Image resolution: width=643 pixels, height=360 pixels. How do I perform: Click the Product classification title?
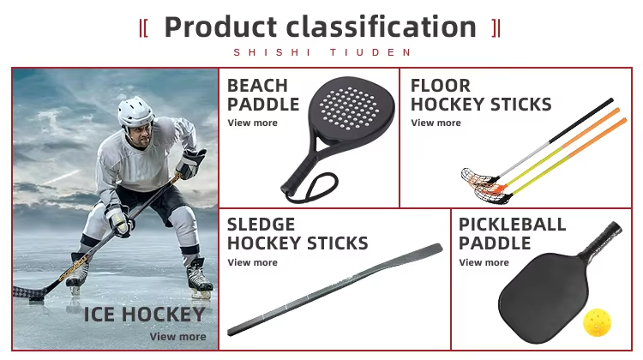point(320,27)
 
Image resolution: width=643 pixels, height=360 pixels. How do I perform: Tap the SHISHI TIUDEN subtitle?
point(322,52)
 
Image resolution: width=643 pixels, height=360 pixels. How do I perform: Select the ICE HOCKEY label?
point(143,315)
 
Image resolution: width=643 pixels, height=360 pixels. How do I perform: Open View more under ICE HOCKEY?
point(177,337)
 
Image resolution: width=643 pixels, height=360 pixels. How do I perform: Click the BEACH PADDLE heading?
point(263,95)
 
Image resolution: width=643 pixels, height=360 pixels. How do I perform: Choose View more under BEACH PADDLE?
point(252,123)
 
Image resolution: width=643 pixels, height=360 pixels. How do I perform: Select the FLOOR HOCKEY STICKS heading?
point(480,95)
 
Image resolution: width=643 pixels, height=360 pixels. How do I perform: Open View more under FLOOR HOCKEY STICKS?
point(436,123)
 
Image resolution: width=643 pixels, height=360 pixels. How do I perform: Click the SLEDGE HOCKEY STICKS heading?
point(297,234)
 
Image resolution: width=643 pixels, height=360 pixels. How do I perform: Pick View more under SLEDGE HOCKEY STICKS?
point(252,262)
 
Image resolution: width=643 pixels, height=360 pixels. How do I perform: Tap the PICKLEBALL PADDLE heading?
point(512,234)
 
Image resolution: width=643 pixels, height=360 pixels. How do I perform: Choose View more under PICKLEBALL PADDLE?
point(484,262)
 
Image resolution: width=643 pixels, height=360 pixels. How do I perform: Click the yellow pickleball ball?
point(597,322)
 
